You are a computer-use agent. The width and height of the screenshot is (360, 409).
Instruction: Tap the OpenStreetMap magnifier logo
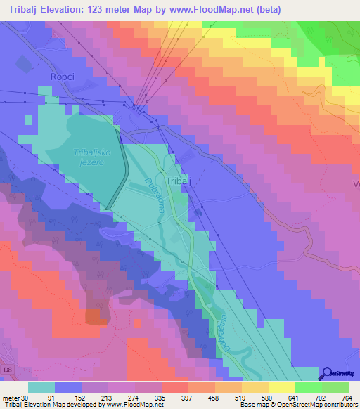pos(328,373)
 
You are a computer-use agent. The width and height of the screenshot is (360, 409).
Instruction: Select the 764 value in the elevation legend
pos(346,397)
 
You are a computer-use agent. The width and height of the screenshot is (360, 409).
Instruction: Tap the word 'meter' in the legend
pos(11,397)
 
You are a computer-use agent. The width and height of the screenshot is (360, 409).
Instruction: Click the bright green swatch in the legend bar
pos(309,387)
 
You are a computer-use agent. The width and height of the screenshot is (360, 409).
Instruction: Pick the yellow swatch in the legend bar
pos(282,387)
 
